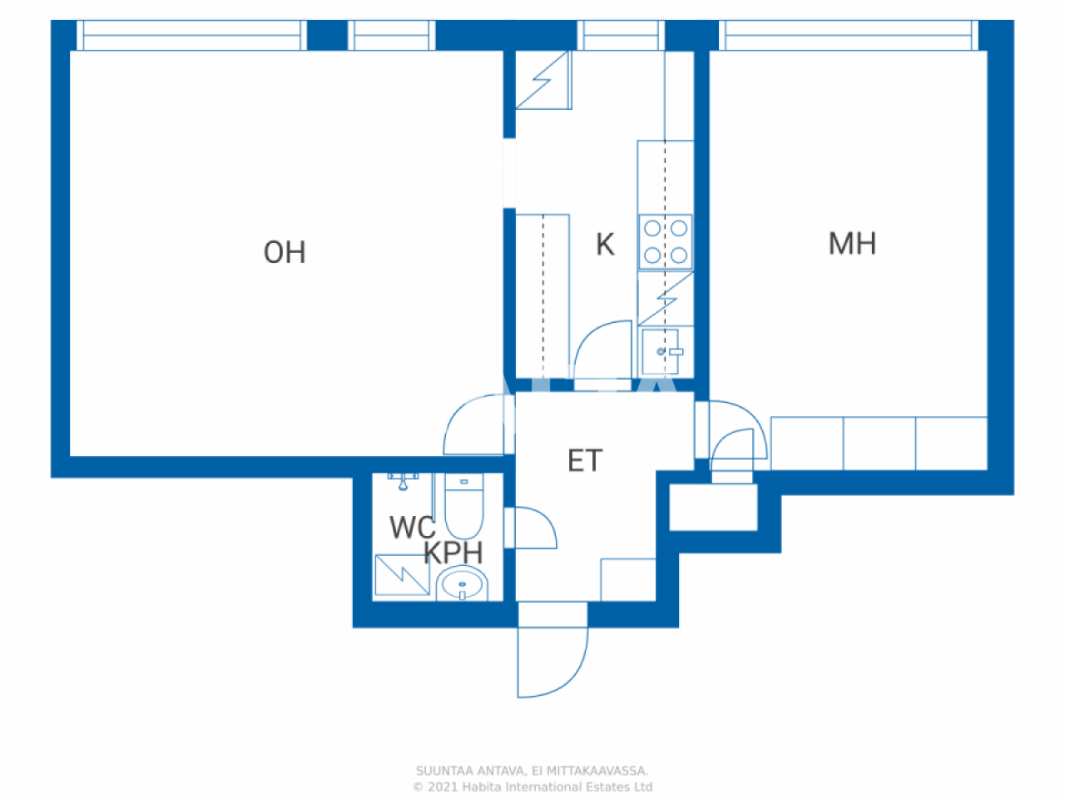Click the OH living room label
click(x=285, y=252)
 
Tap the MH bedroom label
click(x=852, y=243)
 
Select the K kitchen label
click(x=605, y=244)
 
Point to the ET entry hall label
click(x=585, y=460)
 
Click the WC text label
click(x=413, y=528)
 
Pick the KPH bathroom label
click(x=453, y=553)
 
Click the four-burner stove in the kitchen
click(x=666, y=241)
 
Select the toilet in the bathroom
click(x=463, y=505)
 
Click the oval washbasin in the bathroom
click(x=462, y=583)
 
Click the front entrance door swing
click(x=552, y=663)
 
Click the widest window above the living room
click(x=191, y=35)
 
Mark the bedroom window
click(x=849, y=35)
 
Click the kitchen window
click(x=621, y=35)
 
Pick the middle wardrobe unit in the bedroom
click(x=879, y=444)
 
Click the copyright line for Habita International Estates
click(x=532, y=787)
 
